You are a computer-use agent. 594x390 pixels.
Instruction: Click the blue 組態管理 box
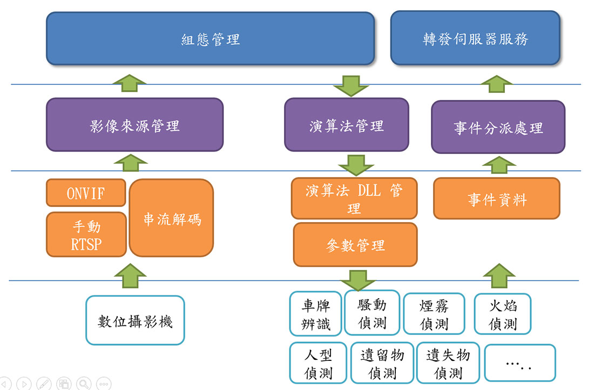(x=210, y=39)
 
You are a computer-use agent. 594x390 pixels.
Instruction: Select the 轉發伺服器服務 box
(x=475, y=38)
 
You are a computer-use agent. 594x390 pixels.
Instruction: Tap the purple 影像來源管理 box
(x=134, y=125)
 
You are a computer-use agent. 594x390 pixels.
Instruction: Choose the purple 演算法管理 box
(x=346, y=125)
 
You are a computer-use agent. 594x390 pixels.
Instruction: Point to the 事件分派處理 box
(x=498, y=127)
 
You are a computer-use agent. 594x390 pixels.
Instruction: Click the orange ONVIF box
(x=86, y=193)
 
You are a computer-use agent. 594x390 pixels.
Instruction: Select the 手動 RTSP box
(x=86, y=235)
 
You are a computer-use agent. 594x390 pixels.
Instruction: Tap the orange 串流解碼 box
(x=171, y=218)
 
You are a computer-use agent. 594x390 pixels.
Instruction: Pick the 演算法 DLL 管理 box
(x=354, y=198)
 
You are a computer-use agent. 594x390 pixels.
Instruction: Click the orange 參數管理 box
(x=355, y=245)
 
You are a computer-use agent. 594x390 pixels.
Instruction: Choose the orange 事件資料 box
(x=497, y=199)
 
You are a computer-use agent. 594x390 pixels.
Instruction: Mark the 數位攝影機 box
(x=135, y=320)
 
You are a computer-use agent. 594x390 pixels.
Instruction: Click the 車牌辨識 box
(x=315, y=313)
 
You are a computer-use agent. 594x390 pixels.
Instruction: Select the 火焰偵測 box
(x=502, y=314)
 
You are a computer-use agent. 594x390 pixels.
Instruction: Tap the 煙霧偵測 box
(x=434, y=314)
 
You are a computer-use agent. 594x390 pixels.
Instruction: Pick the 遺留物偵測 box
(x=382, y=363)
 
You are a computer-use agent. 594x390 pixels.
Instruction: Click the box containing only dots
(x=519, y=363)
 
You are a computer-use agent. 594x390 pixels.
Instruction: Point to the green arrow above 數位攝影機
(x=130, y=276)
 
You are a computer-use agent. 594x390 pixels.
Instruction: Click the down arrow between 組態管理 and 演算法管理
(x=351, y=86)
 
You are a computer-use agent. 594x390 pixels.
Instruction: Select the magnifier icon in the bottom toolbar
(x=84, y=384)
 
